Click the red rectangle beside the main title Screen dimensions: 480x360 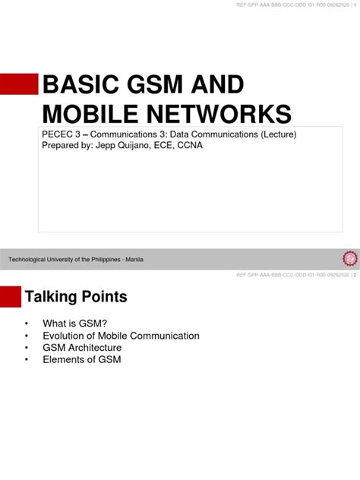tap(19, 84)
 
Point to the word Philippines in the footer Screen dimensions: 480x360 tap(106, 260)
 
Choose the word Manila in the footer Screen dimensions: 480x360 tap(134, 260)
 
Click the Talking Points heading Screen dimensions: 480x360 tap(76, 295)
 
